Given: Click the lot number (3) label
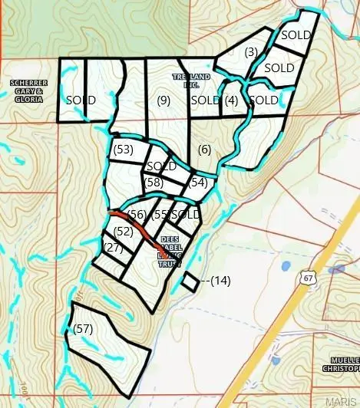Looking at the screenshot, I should (x=250, y=52).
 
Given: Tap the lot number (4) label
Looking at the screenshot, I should (x=231, y=100).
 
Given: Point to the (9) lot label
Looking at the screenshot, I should (x=163, y=100).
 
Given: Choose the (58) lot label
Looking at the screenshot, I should (x=154, y=182).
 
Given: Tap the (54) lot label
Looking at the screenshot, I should (x=198, y=182).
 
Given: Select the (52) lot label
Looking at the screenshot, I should (x=124, y=230).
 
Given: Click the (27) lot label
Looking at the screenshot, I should (x=113, y=247).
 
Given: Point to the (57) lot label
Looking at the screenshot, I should (x=83, y=328).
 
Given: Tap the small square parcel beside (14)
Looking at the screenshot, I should (x=189, y=281).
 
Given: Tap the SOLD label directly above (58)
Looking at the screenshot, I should (x=161, y=166).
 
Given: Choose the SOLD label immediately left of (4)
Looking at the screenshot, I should (x=205, y=100).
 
